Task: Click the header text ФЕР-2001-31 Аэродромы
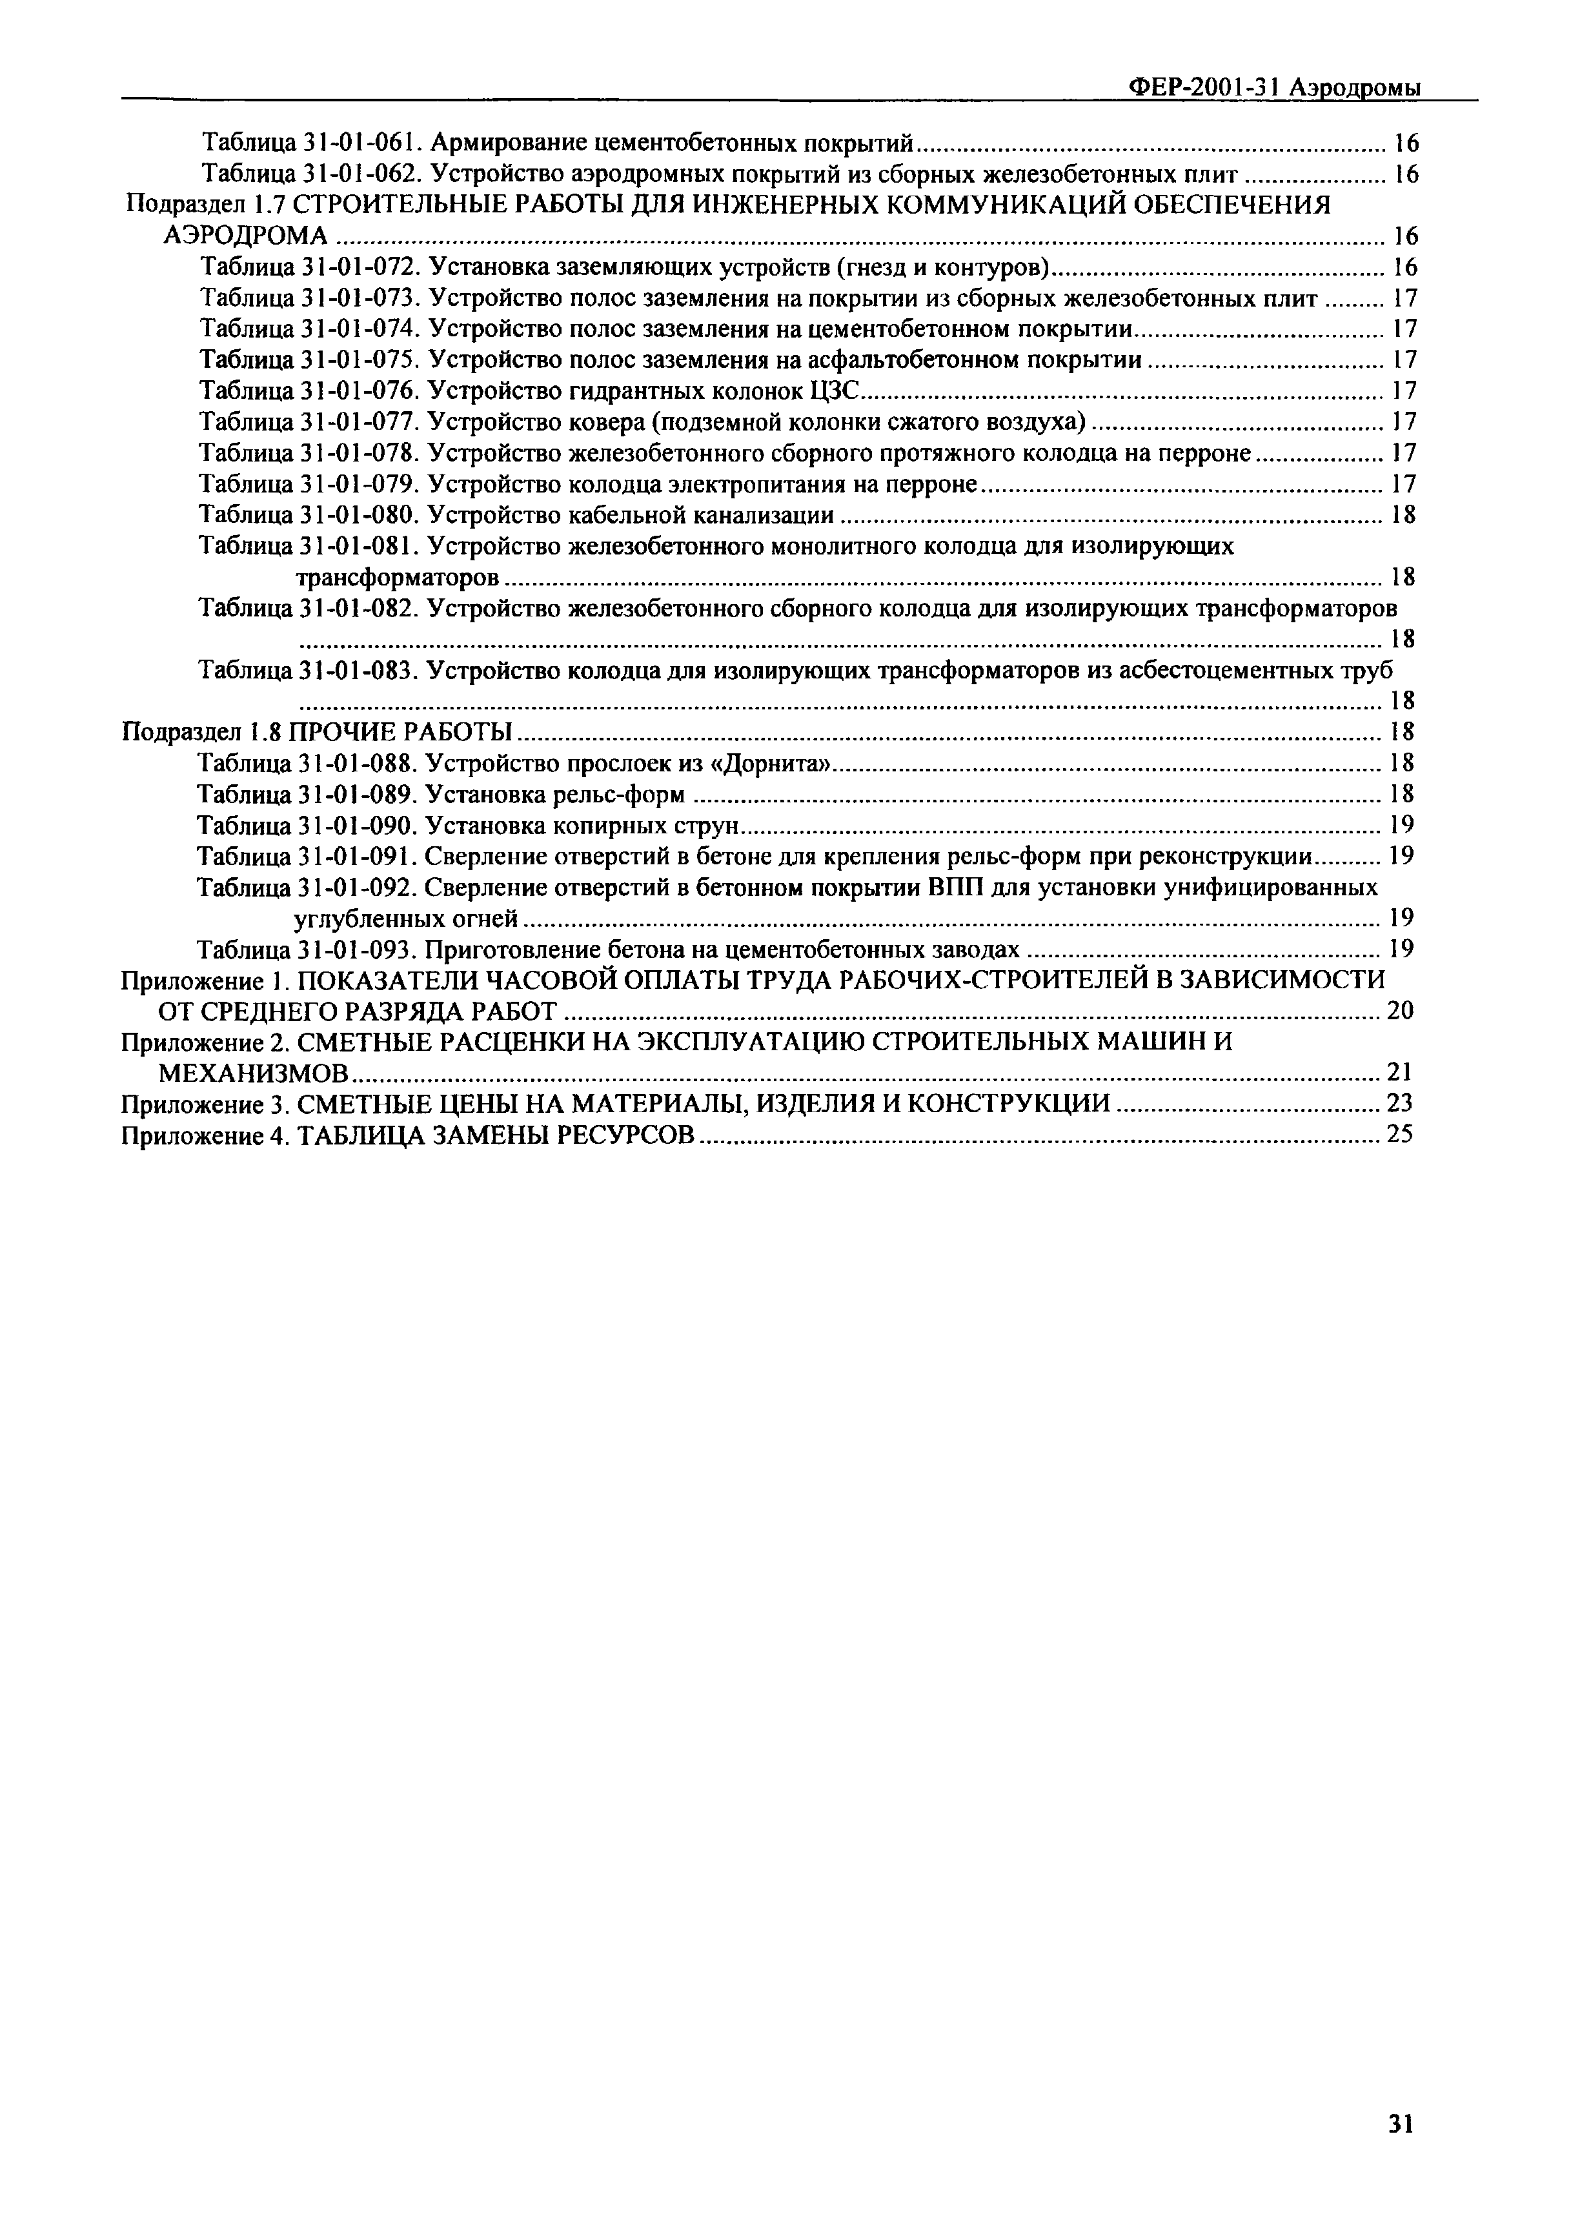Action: click(x=1273, y=87)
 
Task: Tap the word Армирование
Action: click(x=509, y=143)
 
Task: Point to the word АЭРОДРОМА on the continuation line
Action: click(x=245, y=236)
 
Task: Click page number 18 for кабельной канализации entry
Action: click(x=1403, y=515)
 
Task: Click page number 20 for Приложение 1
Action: click(x=1400, y=1010)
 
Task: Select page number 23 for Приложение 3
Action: click(x=1400, y=1103)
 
